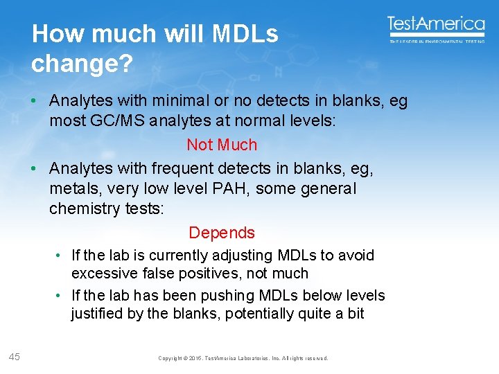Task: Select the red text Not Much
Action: click(222, 145)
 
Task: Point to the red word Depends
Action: click(222, 233)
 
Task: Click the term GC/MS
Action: click(116, 121)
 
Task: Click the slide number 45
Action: click(14, 357)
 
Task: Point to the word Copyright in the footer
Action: click(171, 358)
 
